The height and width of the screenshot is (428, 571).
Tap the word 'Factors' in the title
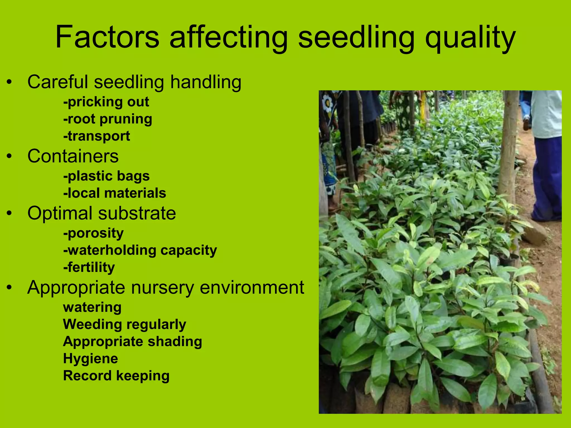(107, 37)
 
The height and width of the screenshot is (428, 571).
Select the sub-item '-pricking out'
(106, 102)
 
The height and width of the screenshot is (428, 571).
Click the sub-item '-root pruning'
(108, 119)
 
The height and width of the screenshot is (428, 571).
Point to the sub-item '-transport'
(97, 136)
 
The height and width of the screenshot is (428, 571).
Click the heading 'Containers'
(73, 156)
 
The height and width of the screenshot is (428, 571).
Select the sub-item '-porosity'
(93, 234)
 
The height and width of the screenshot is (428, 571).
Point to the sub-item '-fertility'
(89, 267)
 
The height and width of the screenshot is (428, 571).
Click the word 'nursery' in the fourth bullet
(163, 288)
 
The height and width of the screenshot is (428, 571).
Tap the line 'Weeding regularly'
(125, 325)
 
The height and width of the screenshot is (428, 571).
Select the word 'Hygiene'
(91, 359)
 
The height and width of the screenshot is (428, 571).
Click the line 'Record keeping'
(116, 376)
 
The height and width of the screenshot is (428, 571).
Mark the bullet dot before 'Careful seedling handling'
(10, 82)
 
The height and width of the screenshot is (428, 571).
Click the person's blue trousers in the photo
(546, 178)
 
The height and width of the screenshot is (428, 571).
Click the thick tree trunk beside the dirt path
(509, 145)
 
